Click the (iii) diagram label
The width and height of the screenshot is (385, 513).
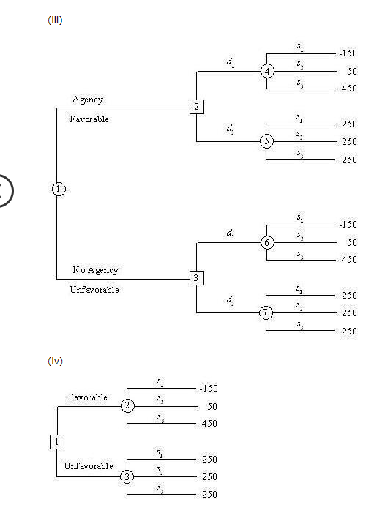tap(54, 20)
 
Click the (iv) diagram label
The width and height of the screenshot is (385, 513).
tap(54, 361)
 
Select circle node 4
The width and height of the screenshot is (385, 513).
tap(267, 71)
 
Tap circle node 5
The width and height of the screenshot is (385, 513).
tap(267, 142)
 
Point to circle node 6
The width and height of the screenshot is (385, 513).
tap(267, 242)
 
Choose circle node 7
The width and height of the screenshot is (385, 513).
tap(267, 313)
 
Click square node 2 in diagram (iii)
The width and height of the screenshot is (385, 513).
tap(196, 107)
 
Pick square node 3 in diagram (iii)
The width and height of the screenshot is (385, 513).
tap(196, 278)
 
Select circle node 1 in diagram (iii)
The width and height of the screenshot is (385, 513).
tap(57, 189)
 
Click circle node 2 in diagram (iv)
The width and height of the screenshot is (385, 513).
tap(127, 405)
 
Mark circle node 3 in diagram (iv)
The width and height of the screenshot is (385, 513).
tap(127, 476)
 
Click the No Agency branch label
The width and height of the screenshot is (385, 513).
tap(95, 270)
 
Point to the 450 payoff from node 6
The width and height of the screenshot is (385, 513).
tap(348, 260)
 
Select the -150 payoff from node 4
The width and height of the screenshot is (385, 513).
tap(347, 53)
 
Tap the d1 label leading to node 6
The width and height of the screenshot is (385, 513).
tap(231, 233)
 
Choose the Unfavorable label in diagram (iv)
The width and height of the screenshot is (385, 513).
tap(89, 466)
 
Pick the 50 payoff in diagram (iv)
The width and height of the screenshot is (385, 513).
tap(210, 406)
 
